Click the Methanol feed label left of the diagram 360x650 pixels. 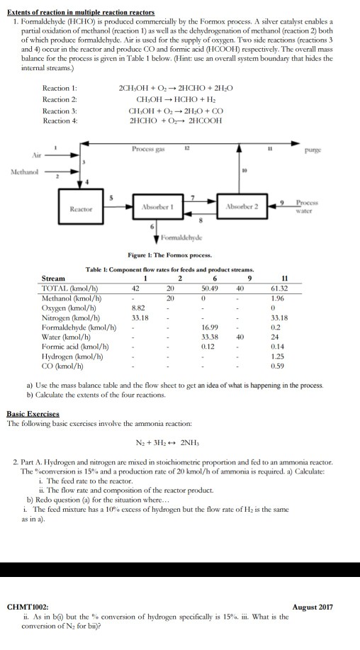[x=23, y=171]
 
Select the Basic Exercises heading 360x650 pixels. [x=33, y=413]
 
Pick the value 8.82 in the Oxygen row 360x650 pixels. [x=139, y=308]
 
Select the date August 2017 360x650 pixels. [x=313, y=607]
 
